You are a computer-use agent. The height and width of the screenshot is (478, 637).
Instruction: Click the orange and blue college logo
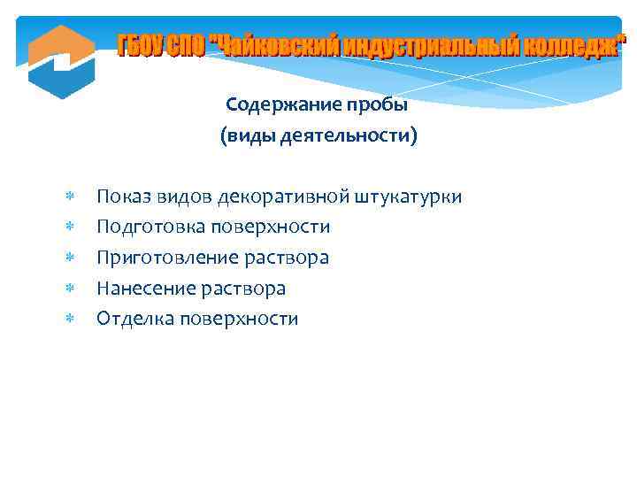(x=61, y=61)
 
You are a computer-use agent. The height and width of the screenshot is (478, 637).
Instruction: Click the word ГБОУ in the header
(x=140, y=45)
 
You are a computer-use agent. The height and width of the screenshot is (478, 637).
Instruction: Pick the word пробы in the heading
(x=382, y=105)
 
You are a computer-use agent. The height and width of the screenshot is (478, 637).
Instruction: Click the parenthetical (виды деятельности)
(x=318, y=136)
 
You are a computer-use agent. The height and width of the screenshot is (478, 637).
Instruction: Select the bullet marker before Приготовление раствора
(x=71, y=258)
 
